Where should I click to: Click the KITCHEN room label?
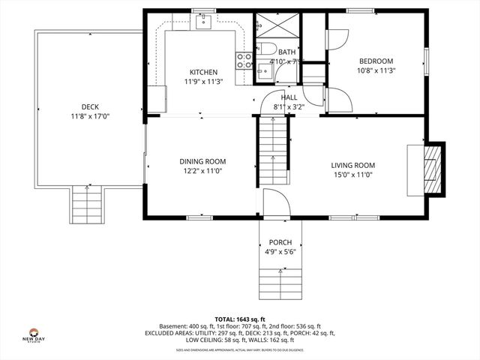pos(203,72)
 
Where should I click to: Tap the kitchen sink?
pos(202,22)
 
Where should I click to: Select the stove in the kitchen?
pos(244,61)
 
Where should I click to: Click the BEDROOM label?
pos(376,61)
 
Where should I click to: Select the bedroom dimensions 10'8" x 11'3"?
pos(376,70)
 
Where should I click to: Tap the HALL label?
pos(289,97)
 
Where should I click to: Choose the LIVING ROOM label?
pos(353,165)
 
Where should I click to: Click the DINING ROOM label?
pos(202,161)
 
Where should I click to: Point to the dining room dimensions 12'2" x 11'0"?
pos(202,171)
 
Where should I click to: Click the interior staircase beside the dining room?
pos(274,150)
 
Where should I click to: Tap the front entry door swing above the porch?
pos(274,202)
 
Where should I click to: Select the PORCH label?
pos(280,242)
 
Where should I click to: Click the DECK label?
pos(91,106)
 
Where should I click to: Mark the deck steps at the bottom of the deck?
pos(87,205)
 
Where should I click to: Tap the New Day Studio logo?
pos(33,335)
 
